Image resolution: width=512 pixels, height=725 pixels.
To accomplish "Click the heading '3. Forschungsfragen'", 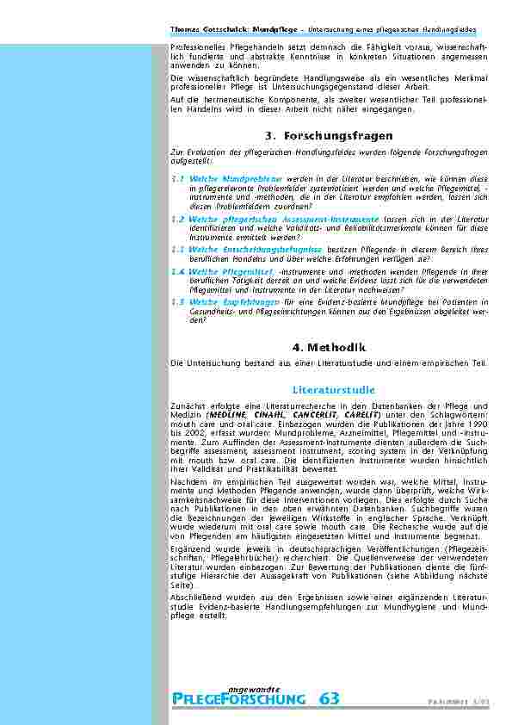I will [x=330, y=136].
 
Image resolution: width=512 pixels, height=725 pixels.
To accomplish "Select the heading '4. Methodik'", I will [x=330, y=347].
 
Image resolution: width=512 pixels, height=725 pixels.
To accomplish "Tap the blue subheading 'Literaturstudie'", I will [x=330, y=389].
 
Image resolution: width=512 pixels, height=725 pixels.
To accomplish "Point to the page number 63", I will [x=330, y=699].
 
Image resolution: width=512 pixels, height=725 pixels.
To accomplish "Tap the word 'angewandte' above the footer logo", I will [x=254, y=687].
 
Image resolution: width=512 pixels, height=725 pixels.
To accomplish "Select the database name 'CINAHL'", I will [x=267, y=413].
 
